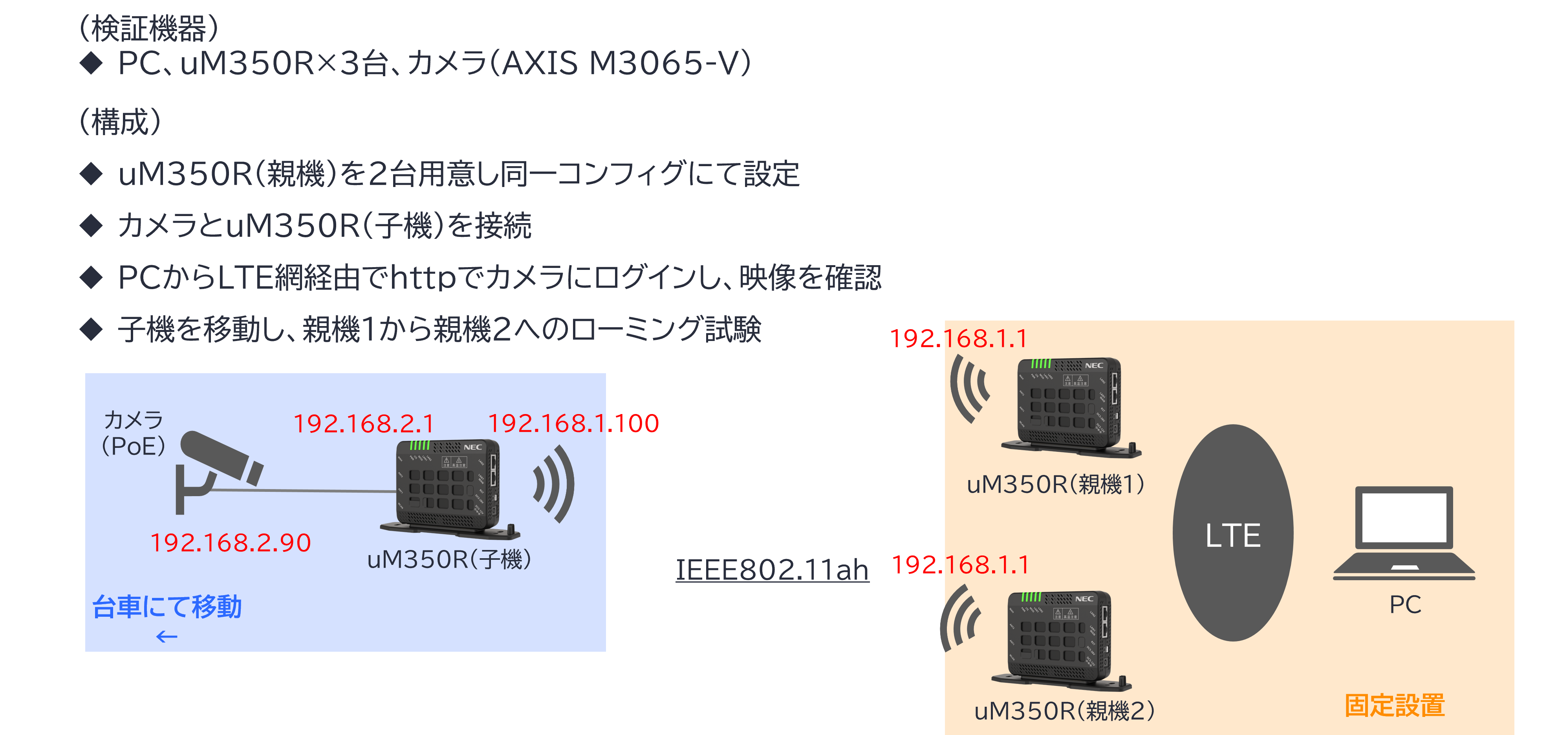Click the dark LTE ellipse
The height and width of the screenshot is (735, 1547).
click(x=1232, y=533)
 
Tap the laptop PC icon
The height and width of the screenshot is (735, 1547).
click(x=1404, y=533)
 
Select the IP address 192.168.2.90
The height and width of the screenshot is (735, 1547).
click(x=231, y=543)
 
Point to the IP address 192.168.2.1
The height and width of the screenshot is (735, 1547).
click(x=363, y=424)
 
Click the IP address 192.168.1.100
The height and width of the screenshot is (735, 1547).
click(x=573, y=423)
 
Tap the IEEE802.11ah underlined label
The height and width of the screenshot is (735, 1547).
click(x=772, y=570)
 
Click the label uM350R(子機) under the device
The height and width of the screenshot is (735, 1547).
click(x=449, y=560)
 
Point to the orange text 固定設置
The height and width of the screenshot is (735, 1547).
click(x=1395, y=706)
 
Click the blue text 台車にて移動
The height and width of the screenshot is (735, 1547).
click(x=167, y=607)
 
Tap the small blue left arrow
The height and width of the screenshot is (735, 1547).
click(x=167, y=636)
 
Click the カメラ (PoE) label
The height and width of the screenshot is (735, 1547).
click(x=133, y=433)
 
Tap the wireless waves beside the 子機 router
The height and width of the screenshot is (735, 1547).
click(x=554, y=484)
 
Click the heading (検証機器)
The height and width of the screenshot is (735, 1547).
click(x=149, y=28)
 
